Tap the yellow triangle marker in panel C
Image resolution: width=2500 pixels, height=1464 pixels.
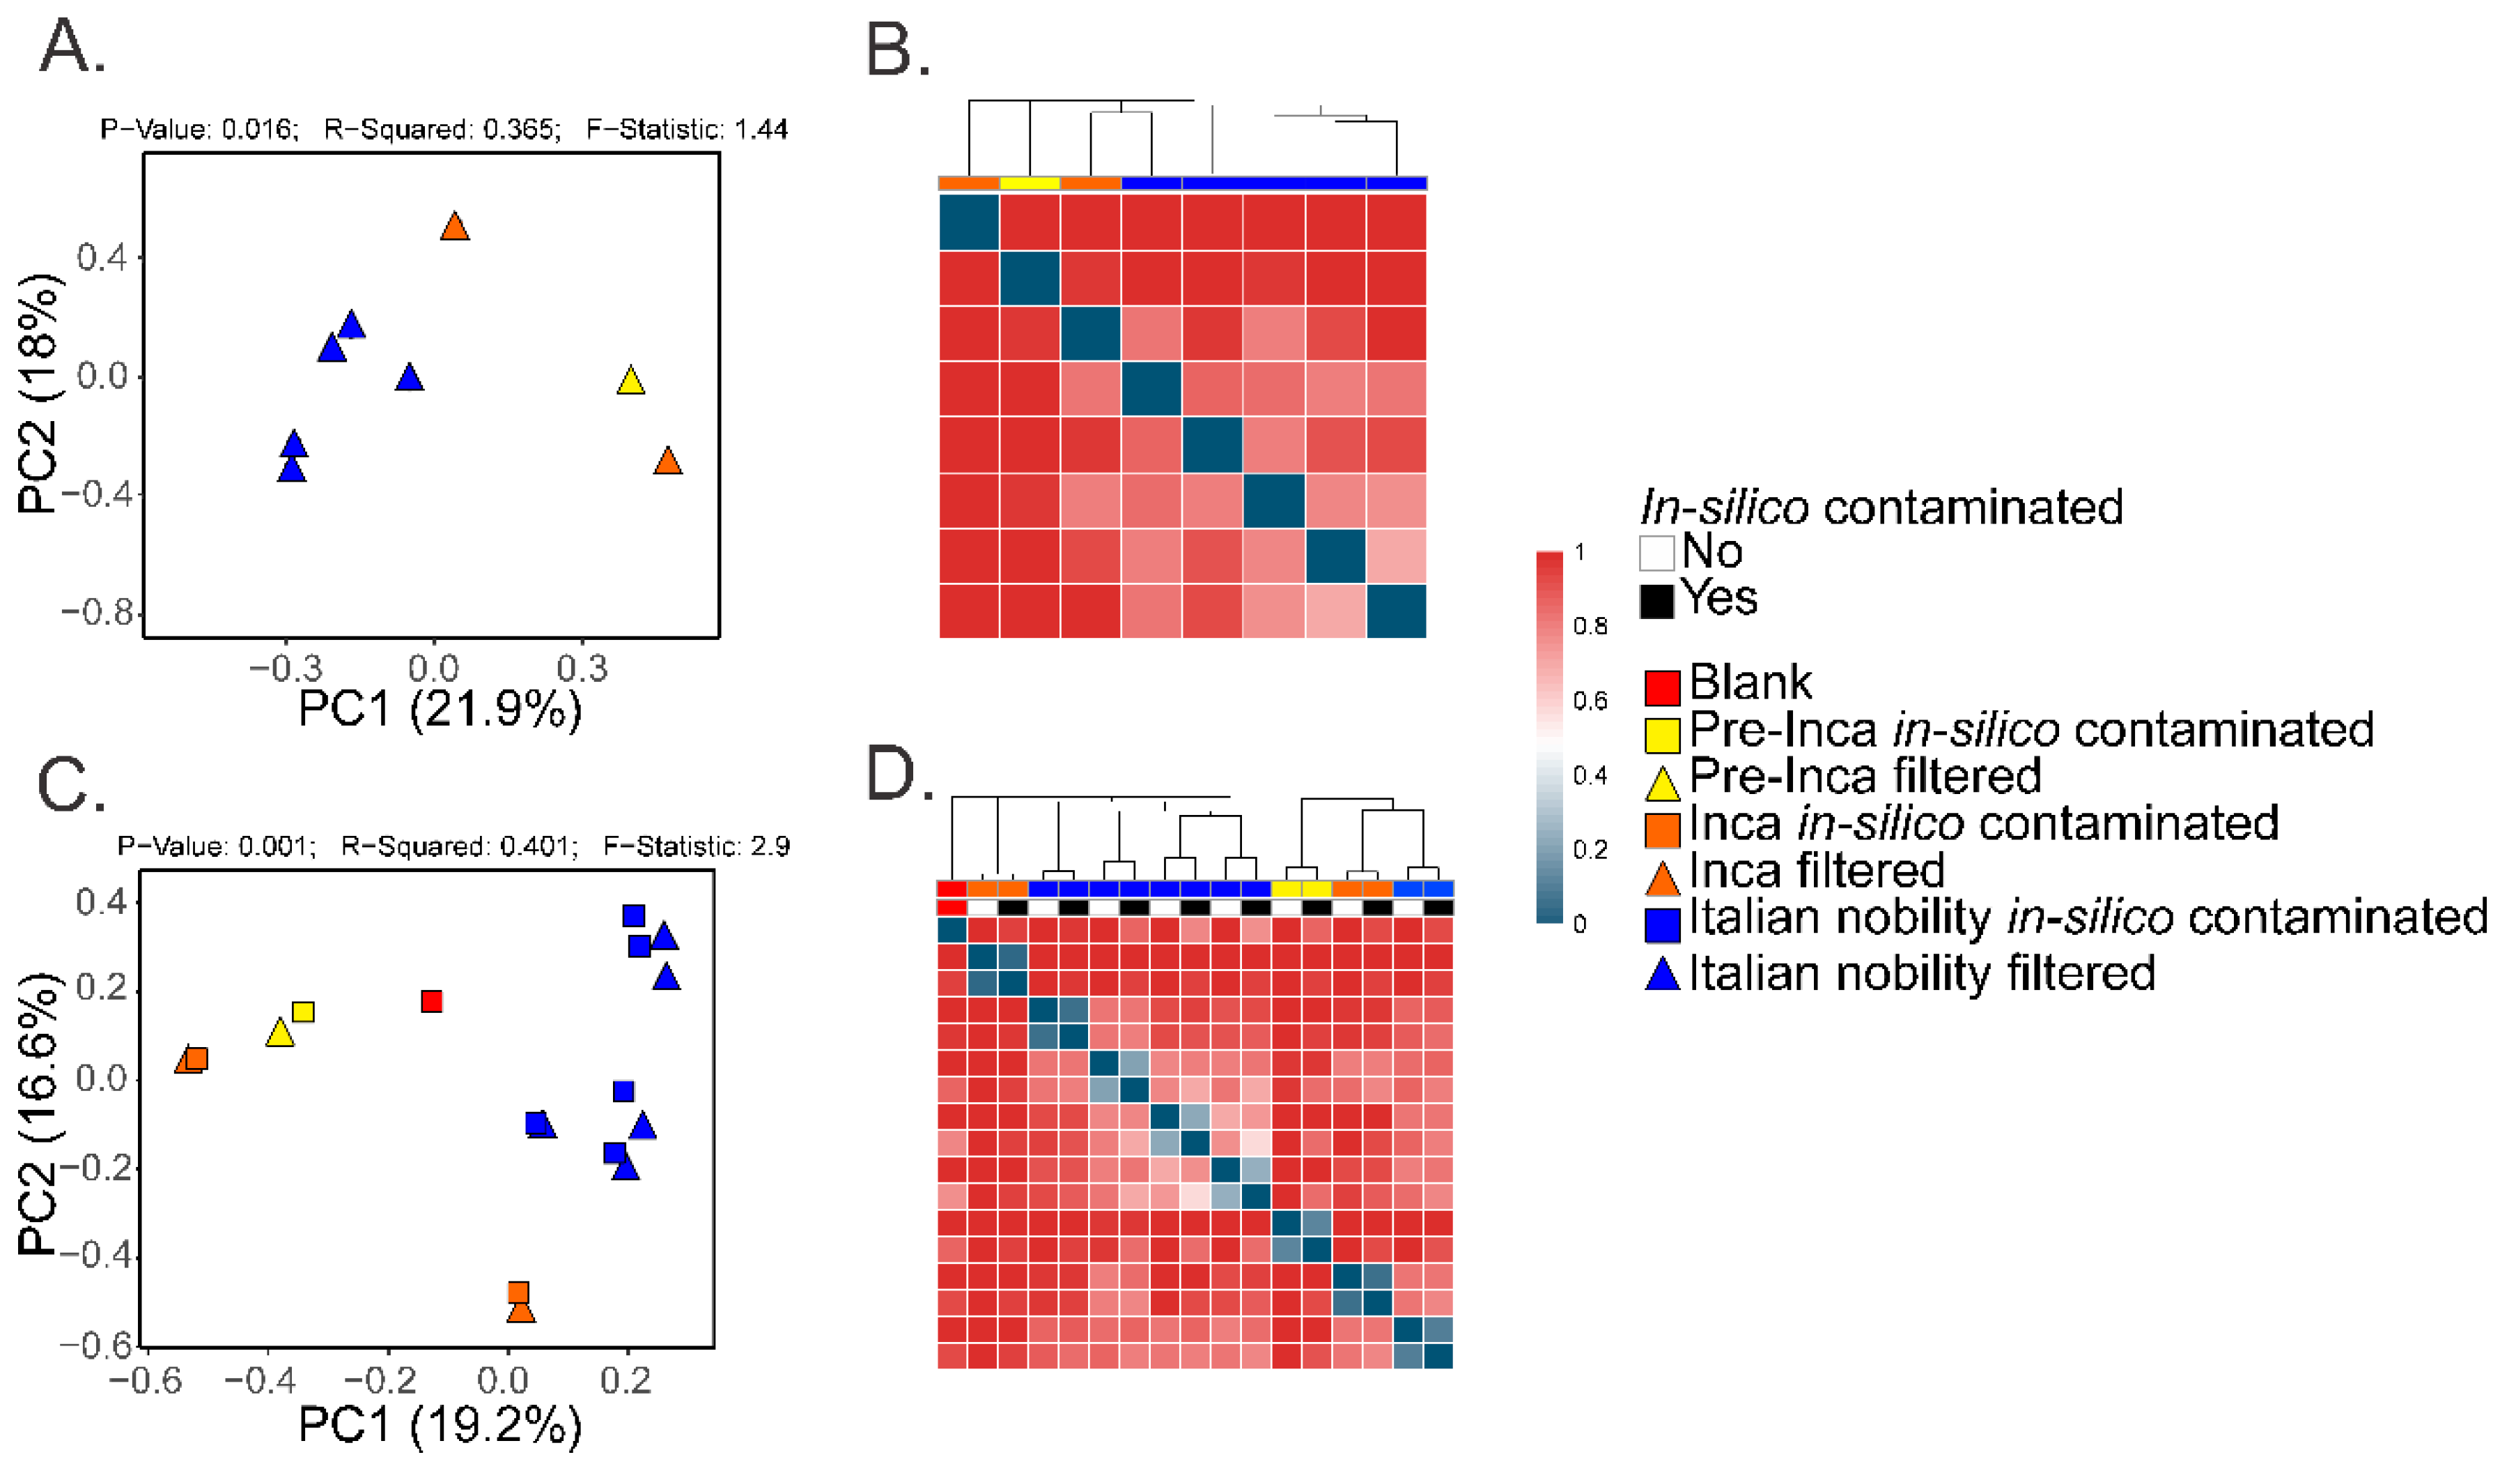click(x=281, y=1033)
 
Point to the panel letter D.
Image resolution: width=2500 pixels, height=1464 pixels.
click(x=899, y=775)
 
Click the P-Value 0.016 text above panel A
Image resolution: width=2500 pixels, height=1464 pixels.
click(x=199, y=129)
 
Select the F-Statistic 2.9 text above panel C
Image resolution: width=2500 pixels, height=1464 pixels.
click(x=697, y=846)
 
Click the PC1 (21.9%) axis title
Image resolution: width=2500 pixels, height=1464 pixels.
click(x=440, y=709)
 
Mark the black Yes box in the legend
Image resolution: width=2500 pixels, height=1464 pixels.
click(x=1656, y=600)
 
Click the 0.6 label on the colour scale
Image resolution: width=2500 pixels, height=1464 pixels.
click(x=1590, y=701)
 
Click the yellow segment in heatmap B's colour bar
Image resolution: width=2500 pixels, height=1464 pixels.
click(x=1029, y=183)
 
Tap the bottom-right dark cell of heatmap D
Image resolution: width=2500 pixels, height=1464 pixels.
click(x=1438, y=1355)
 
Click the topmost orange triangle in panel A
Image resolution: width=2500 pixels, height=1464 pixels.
click(x=454, y=227)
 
